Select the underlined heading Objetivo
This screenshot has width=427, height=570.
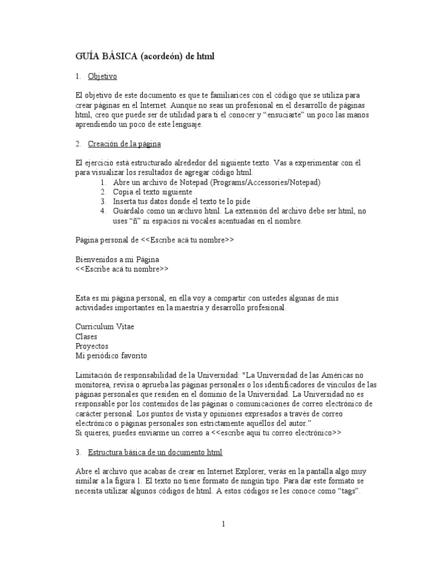(102, 76)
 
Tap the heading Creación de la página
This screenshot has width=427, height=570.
(124, 144)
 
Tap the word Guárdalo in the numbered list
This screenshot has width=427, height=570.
(128, 211)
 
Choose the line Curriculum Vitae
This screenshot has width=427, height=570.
(105, 326)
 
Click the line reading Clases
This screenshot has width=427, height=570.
(86, 336)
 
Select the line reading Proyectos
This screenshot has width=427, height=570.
(92, 346)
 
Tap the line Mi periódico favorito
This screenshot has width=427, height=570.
(111, 355)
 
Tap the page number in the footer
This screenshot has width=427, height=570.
(222, 524)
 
